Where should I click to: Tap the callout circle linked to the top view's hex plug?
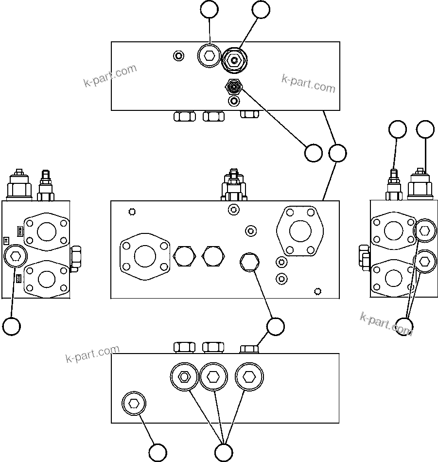tap(210, 10)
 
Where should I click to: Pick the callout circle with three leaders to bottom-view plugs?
tap(223, 452)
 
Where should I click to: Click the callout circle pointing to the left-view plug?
tap(11, 326)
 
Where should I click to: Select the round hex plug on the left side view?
tap(15, 256)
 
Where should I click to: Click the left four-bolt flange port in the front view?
tap(145, 256)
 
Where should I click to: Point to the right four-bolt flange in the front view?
tap(300, 231)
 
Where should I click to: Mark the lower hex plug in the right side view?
tap(424, 261)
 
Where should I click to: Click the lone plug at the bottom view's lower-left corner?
tap(134, 403)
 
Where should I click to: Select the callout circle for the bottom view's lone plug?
tap(158, 452)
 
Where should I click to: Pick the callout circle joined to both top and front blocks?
tap(337, 153)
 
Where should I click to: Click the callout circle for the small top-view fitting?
tap(313, 153)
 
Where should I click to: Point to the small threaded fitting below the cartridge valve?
tap(234, 88)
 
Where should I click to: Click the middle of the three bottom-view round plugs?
tap(213, 377)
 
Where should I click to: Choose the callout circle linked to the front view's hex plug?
tap(276, 327)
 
